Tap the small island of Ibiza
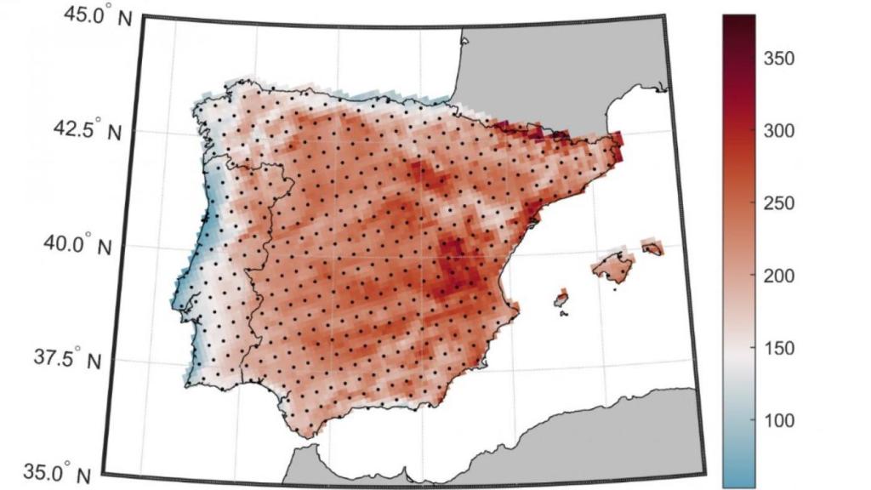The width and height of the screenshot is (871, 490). [x=561, y=299]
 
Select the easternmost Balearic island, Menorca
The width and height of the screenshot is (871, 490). [x=652, y=248]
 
